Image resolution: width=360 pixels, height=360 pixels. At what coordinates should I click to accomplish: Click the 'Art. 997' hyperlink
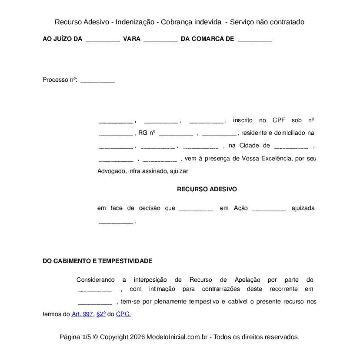(x=82, y=314)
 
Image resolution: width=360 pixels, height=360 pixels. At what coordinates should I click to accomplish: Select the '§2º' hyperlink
(x=101, y=314)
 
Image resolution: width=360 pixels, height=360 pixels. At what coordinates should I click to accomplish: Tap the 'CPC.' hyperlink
(x=123, y=314)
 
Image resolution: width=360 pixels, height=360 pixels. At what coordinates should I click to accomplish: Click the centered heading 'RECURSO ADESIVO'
(x=207, y=189)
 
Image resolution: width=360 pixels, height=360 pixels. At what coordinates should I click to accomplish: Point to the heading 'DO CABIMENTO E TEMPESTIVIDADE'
(x=97, y=261)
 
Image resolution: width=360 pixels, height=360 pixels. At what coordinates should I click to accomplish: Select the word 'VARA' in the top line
(x=132, y=39)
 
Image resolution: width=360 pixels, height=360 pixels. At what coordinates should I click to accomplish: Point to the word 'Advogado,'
(x=112, y=171)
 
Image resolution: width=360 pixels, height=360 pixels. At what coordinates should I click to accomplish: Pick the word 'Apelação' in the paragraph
(x=247, y=280)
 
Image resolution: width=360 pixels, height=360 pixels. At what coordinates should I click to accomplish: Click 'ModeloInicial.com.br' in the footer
(x=179, y=337)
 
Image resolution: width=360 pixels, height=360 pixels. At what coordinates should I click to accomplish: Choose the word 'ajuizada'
(x=303, y=208)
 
